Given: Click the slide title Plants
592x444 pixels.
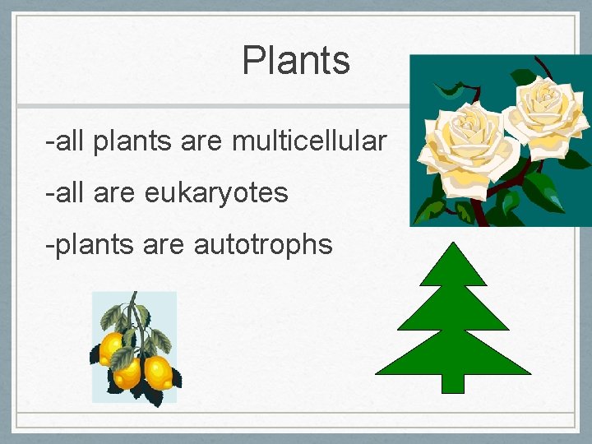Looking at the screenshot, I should pos(296,61).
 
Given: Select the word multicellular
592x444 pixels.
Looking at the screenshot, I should pos(309,141).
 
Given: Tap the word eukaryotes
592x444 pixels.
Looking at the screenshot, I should pos(216,192).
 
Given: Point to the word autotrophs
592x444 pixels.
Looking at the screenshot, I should pos(263,243).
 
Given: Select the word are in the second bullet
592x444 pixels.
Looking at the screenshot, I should pos(117,192).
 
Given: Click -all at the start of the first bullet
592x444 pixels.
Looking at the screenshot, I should pos(66,141).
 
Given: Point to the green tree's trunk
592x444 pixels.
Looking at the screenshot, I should pos(452,382).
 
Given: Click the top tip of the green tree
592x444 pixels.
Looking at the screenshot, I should pos(452,245).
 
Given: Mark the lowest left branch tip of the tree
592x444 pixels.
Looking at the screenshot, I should pos(379,372).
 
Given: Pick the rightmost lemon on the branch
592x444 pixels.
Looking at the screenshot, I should pos(157,372).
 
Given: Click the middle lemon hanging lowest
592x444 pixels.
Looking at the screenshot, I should pos(128,374).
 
